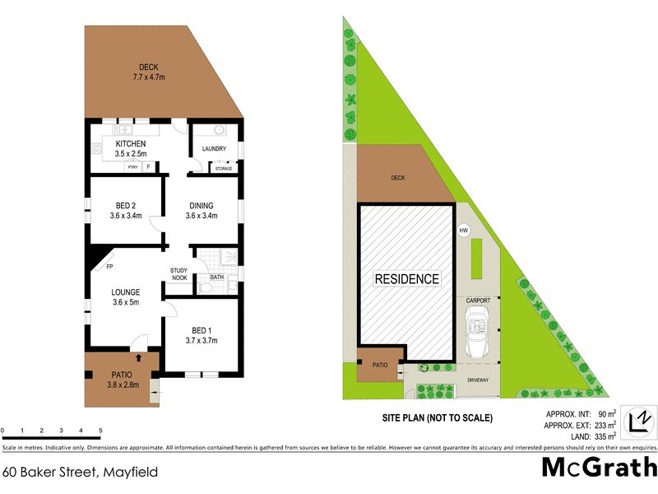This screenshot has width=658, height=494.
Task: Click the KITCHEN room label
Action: click(x=130, y=143)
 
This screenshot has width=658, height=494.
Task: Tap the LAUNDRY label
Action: click(x=214, y=149)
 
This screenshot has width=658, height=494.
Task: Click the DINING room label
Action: click(x=202, y=206)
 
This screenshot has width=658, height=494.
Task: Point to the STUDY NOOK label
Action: click(x=179, y=274)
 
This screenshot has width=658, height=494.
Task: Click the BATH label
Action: click(x=216, y=277)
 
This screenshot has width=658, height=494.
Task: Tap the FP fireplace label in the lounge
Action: click(x=109, y=267)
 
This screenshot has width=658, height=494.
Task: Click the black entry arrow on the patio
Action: click(x=137, y=357)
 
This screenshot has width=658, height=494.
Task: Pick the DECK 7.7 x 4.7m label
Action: click(x=149, y=72)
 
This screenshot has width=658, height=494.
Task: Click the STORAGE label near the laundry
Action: click(x=223, y=169)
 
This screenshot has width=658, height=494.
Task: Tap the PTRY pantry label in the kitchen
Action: click(x=132, y=167)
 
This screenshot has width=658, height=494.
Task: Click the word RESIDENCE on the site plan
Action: click(x=407, y=279)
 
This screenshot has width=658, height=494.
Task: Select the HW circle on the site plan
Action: click(x=463, y=231)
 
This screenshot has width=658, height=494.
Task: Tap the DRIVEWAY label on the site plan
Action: click(x=478, y=380)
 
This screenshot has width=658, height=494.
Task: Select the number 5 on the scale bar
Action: click(x=100, y=431)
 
